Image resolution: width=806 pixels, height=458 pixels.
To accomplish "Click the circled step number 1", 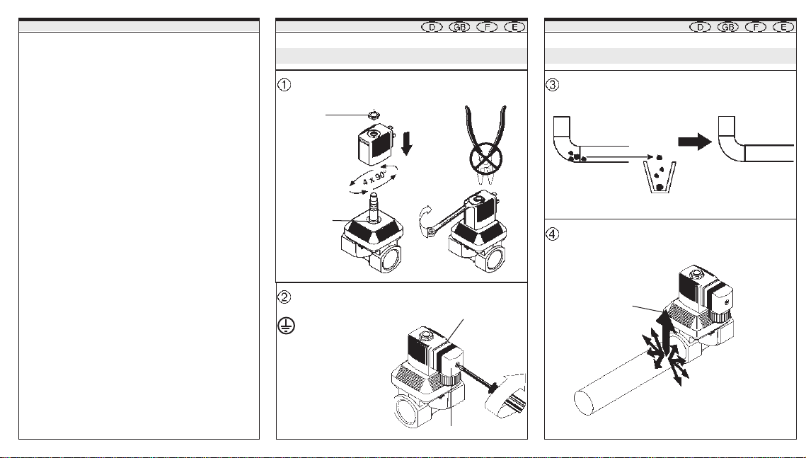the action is (x=284, y=84).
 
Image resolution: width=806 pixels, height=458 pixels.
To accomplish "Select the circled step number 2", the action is (x=284, y=297).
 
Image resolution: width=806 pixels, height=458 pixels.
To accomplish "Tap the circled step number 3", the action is (x=552, y=84).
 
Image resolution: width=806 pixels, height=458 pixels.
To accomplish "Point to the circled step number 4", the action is (x=552, y=234).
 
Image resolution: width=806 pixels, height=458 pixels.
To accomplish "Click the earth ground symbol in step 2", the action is (x=287, y=326).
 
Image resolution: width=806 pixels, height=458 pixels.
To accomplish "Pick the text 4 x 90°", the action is (x=374, y=178).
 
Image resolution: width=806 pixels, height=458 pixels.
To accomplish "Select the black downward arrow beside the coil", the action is (x=407, y=144).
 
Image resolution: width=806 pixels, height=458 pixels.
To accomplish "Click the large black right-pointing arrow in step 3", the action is (x=695, y=142).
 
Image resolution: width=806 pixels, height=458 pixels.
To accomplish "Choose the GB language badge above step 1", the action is (x=459, y=27).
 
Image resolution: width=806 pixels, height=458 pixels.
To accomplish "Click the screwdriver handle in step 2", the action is (x=507, y=396).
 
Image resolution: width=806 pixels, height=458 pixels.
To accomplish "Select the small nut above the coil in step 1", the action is (x=374, y=115).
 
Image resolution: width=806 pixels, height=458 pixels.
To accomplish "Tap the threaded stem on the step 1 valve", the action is (x=374, y=205).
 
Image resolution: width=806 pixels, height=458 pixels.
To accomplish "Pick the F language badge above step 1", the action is (x=488, y=27).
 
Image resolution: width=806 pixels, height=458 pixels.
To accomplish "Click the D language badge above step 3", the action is (x=700, y=27).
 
